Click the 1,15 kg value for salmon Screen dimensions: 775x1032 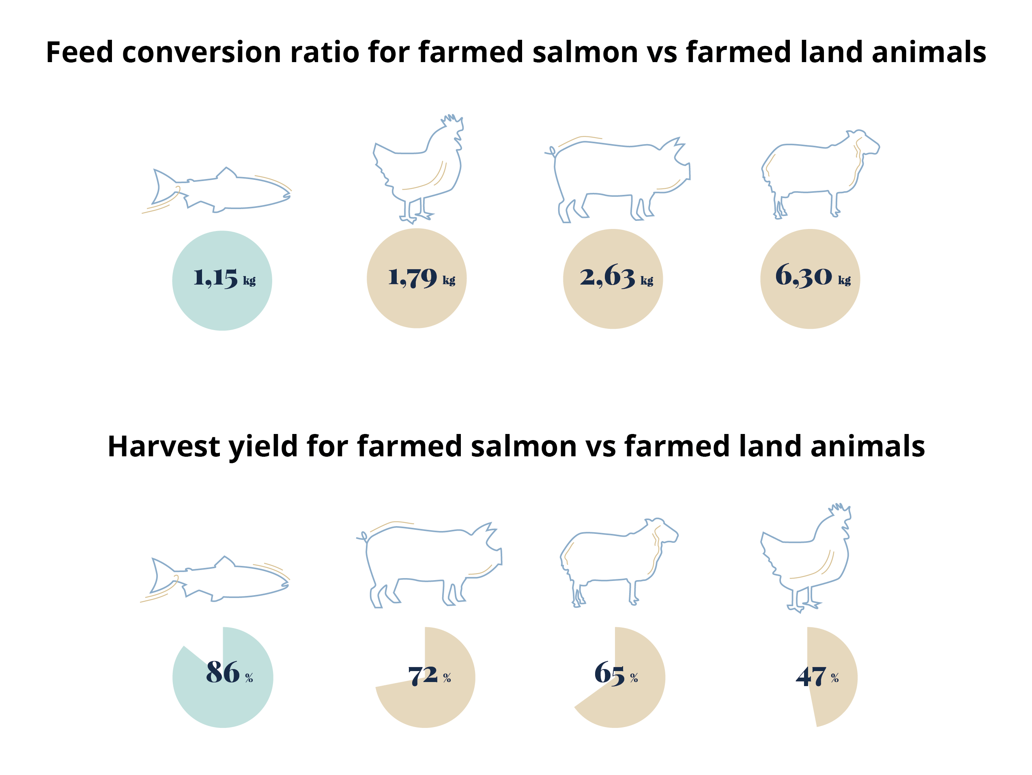(224, 279)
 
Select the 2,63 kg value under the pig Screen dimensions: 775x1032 (616, 277)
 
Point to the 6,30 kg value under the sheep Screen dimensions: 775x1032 (812, 276)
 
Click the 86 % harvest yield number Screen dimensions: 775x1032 (229, 673)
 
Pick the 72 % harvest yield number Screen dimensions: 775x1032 (429, 676)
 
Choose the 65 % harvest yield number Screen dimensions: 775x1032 (615, 674)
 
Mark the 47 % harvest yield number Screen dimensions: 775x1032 (817, 676)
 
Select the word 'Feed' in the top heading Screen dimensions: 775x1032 (80, 52)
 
